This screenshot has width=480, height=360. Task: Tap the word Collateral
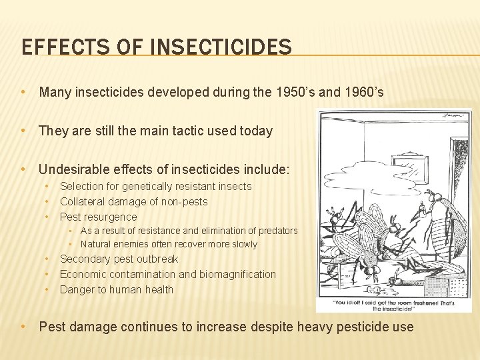point(83,201)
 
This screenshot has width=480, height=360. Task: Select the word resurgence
point(111,217)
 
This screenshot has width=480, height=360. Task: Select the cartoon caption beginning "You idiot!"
point(394,303)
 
